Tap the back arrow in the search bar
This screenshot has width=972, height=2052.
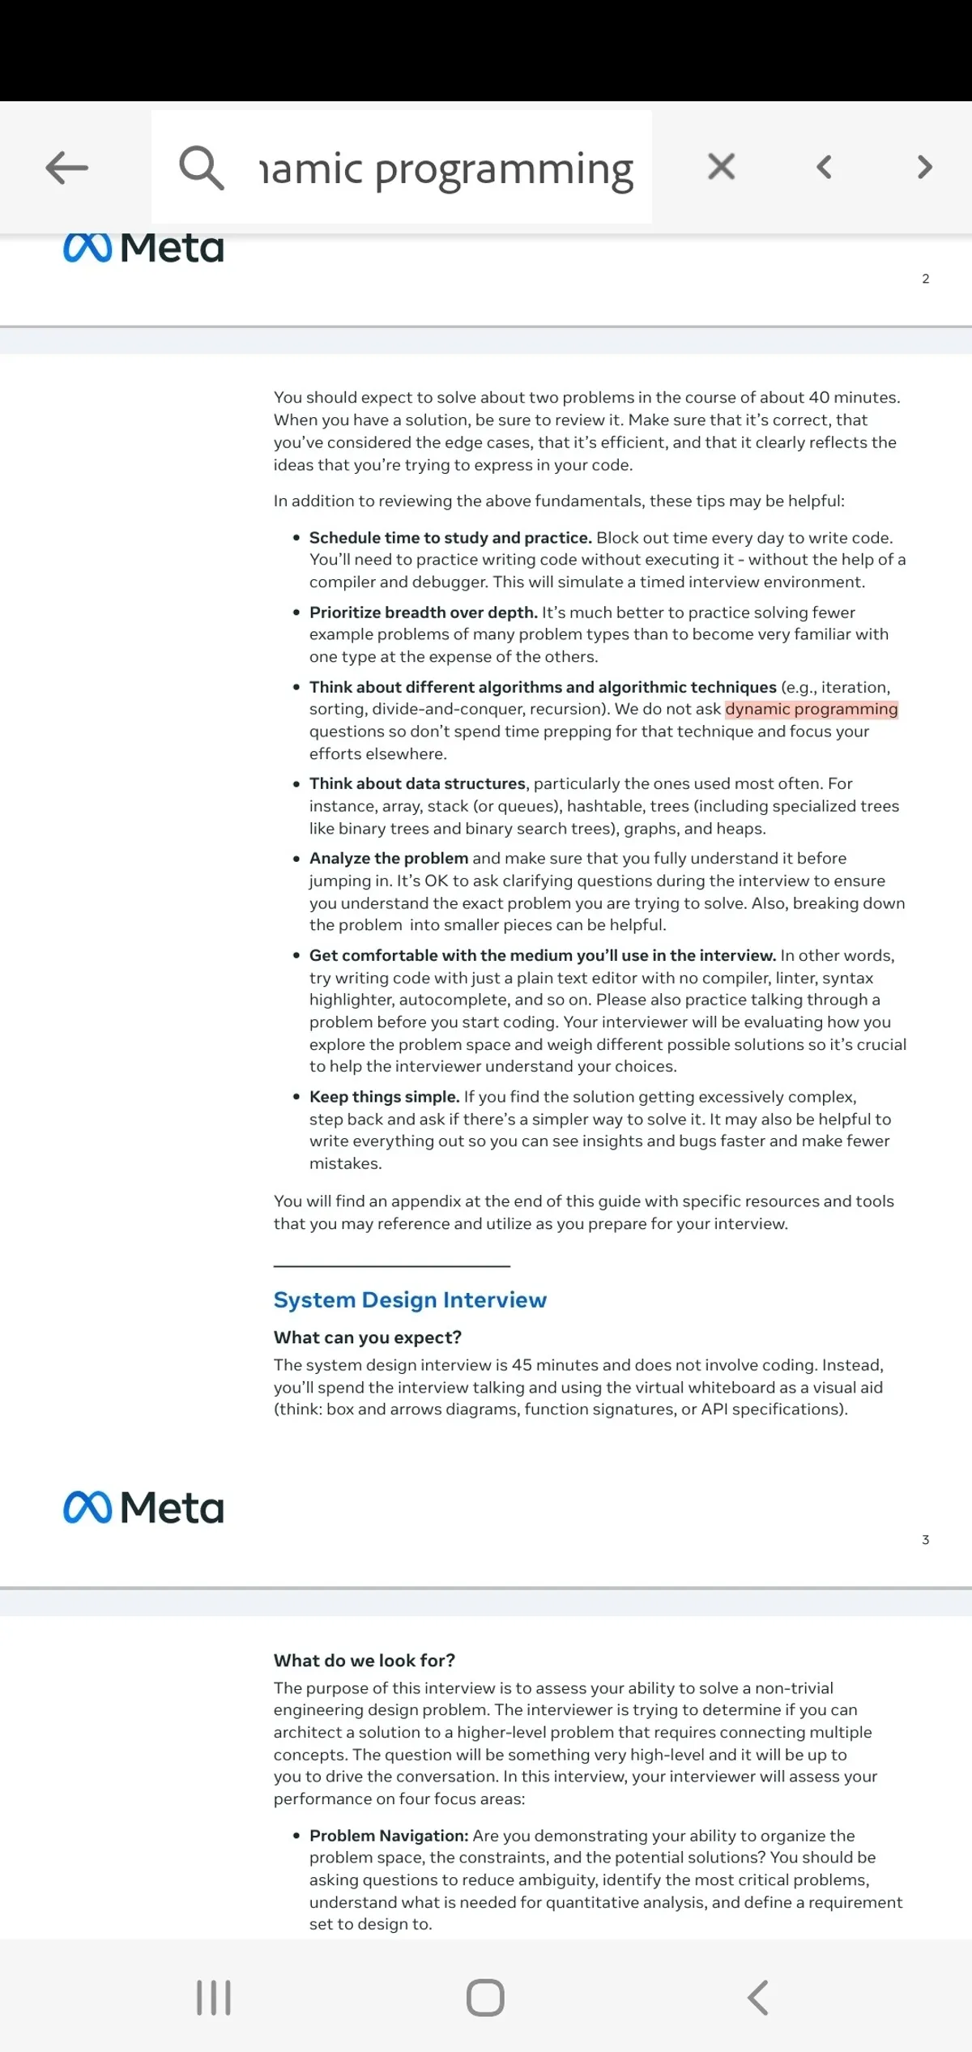tap(67, 169)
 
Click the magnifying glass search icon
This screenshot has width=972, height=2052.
tap(201, 168)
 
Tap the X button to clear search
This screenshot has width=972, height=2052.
tap(721, 167)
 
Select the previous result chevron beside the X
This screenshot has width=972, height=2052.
tap(825, 168)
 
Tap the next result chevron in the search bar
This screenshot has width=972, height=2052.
tap(924, 167)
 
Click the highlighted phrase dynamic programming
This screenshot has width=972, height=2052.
tap(811, 710)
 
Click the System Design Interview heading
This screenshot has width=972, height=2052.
tap(410, 1300)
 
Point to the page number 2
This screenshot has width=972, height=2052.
tap(925, 279)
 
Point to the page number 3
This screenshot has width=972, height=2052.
tap(925, 1540)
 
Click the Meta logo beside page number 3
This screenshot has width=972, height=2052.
tap(143, 1508)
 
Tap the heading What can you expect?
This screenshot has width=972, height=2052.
tap(367, 1337)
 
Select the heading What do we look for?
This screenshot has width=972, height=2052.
tap(364, 1661)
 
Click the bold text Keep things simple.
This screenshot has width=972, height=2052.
tap(384, 1097)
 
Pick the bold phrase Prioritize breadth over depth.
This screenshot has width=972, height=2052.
tap(423, 612)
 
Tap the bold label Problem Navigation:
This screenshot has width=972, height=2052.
tap(389, 1836)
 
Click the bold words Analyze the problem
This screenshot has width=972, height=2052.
tap(388, 859)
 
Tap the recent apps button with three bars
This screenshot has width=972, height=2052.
tap(214, 1998)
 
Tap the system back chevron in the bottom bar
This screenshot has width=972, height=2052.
tap(757, 1998)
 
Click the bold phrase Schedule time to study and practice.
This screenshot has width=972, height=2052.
tap(450, 538)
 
